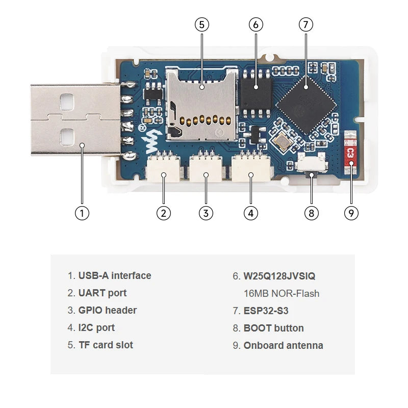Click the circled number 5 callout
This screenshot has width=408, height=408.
coord(201,24)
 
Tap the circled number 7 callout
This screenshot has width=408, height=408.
coord(305,24)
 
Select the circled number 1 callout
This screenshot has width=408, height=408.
coord(82,213)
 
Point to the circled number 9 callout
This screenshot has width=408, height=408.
coord(351,213)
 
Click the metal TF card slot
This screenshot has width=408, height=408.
coord(202,105)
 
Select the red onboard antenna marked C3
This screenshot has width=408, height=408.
coord(350,152)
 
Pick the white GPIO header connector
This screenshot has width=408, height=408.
coord(206,169)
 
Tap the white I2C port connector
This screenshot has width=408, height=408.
coord(250,169)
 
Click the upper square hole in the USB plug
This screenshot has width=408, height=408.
coord(66,103)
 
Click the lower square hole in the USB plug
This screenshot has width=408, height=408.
coord(66,136)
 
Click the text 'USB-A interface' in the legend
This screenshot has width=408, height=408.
coord(115,276)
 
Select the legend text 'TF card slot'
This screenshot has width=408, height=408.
coord(106,345)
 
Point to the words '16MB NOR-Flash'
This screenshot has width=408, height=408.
coord(282,294)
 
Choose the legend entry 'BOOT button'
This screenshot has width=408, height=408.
coord(273,328)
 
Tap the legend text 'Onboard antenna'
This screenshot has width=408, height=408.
coord(283,346)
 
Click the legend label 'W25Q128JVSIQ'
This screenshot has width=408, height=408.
coord(279,276)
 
